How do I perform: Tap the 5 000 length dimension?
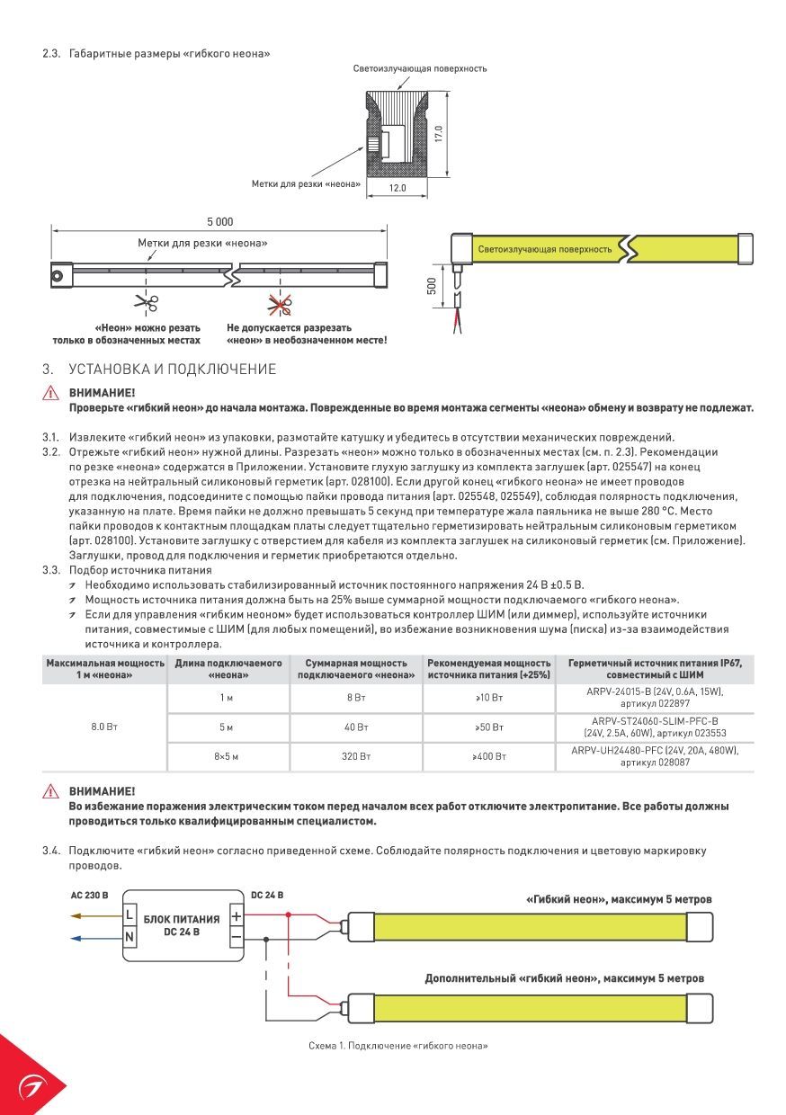[219, 221]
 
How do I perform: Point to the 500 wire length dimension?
[432, 286]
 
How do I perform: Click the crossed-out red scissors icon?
[275, 303]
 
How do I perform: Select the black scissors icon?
[147, 303]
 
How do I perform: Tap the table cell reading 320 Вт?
[356, 757]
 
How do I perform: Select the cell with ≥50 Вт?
[489, 727]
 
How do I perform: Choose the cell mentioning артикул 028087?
[654, 757]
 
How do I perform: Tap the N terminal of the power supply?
[130, 938]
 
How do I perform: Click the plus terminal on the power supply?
[237, 916]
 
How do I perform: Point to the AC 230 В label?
[89, 896]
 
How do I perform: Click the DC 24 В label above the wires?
[267, 896]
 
